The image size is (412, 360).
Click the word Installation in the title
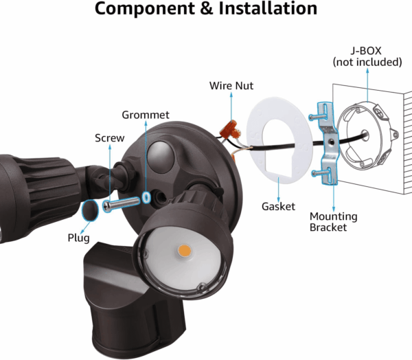[269, 10]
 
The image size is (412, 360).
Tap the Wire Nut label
[231, 86]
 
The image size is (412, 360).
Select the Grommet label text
[145, 115]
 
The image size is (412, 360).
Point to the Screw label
[110, 138]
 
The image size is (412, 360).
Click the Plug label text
[78, 237]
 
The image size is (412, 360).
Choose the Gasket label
[278, 206]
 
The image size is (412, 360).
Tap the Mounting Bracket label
[333, 221]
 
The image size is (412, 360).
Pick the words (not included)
[367, 62]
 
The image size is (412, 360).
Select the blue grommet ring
[147, 198]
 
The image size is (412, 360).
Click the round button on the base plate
[159, 153]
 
